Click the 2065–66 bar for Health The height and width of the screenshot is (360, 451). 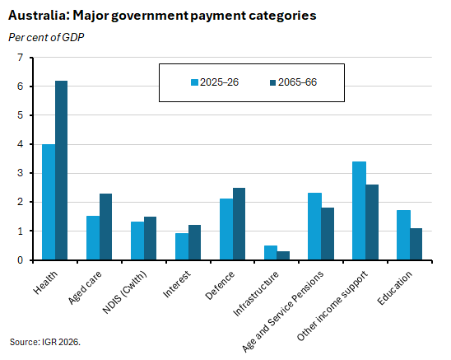point(61,171)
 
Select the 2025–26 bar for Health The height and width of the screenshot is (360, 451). point(49,202)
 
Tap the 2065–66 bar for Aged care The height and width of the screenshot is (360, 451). point(106,227)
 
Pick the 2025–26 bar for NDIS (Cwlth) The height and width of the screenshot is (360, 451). point(137,241)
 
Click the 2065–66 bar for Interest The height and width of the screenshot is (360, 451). point(195,242)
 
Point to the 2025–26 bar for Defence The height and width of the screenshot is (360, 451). point(226,229)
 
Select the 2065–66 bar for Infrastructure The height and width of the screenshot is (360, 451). point(283,255)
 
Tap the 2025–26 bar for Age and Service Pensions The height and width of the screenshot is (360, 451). point(314,227)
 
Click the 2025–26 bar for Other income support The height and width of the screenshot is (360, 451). point(360,211)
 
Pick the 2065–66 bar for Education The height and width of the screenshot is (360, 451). point(416,244)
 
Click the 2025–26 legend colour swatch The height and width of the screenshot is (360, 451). point(195,82)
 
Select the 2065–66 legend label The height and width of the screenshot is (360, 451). point(297,82)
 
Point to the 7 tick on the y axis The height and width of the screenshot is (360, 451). point(31,58)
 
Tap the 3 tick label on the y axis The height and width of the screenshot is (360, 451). point(20,173)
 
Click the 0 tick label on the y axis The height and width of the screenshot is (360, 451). point(20,260)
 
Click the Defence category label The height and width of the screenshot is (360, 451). point(220,285)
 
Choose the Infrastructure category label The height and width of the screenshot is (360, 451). point(256,293)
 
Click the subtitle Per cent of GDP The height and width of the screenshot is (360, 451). point(46,37)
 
